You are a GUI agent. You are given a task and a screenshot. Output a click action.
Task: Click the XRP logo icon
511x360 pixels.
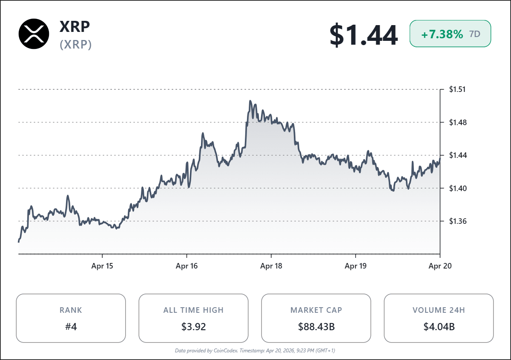pyautogui.click(x=34, y=34)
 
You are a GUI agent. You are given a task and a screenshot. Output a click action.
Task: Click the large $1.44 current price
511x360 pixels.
pyautogui.click(x=363, y=35)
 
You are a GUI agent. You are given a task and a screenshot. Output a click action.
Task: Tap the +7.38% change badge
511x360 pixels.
pyautogui.click(x=450, y=34)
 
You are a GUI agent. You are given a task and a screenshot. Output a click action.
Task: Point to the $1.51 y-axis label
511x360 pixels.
pyautogui.click(x=457, y=89)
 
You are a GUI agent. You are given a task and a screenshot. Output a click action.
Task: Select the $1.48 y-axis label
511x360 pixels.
pyautogui.click(x=457, y=123)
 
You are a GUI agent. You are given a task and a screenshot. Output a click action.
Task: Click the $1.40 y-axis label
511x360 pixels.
pyautogui.click(x=457, y=188)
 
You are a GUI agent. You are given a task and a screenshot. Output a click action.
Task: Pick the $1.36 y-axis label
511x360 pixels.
pyautogui.click(x=457, y=221)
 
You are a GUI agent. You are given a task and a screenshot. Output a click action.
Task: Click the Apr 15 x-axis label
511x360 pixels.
pyautogui.click(x=103, y=266)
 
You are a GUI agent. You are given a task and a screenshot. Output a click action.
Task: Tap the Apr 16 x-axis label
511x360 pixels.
pyautogui.click(x=187, y=266)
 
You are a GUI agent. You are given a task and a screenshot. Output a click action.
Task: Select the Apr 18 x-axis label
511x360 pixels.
pyautogui.click(x=271, y=266)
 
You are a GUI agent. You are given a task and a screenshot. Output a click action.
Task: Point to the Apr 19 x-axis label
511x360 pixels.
pyautogui.click(x=356, y=266)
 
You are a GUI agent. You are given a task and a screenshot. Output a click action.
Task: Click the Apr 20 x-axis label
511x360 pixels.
pyautogui.click(x=440, y=266)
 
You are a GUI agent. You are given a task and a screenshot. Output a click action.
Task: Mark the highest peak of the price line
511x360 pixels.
pyautogui.click(x=250, y=101)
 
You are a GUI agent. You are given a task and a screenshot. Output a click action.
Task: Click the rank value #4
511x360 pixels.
pyautogui.click(x=71, y=327)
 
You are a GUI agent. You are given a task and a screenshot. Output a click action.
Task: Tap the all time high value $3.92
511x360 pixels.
pyautogui.click(x=193, y=327)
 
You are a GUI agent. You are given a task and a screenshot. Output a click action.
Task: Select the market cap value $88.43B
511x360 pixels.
pyautogui.click(x=316, y=327)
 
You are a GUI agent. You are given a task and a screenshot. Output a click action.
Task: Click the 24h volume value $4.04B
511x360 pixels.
pyautogui.click(x=439, y=327)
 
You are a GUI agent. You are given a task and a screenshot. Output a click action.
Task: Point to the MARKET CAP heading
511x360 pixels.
pyautogui.click(x=316, y=310)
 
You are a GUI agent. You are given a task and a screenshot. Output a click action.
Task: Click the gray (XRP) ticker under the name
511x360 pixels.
pyautogui.click(x=76, y=45)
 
